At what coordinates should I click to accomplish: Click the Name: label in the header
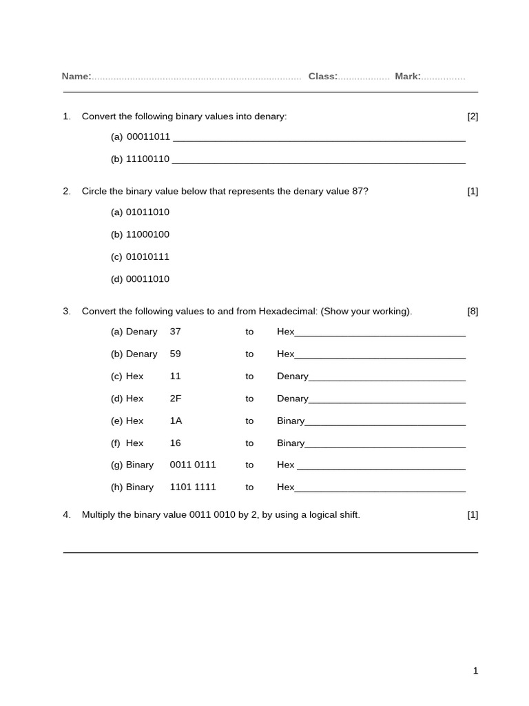click(76, 77)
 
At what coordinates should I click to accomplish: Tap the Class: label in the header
click(322, 77)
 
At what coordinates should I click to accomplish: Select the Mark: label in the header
click(408, 77)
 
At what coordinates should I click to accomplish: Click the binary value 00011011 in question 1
click(148, 137)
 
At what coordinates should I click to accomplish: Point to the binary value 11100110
click(147, 159)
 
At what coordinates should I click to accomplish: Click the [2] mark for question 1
click(473, 117)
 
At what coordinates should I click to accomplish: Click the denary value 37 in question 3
click(176, 332)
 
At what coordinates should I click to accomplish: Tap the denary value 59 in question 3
click(176, 354)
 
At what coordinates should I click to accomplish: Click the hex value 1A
click(176, 421)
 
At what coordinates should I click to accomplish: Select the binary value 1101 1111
click(193, 487)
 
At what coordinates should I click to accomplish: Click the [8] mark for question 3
click(473, 311)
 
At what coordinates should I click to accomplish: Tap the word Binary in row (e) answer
click(291, 421)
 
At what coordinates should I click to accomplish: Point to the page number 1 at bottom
click(475, 671)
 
